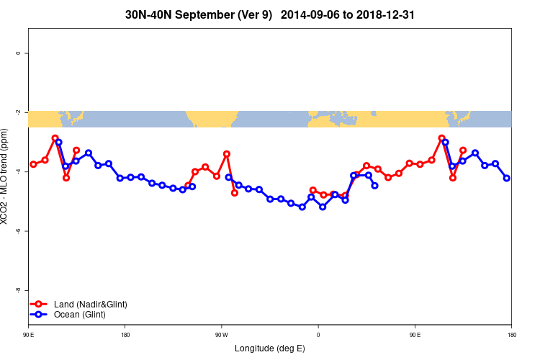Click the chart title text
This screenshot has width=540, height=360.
tap(270, 14)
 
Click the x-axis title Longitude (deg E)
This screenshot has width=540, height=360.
tap(270, 348)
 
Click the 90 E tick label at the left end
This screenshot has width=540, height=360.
tap(29, 335)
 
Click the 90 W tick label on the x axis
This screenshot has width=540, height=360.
tap(221, 335)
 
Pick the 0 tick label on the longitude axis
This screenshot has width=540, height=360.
tap(318, 335)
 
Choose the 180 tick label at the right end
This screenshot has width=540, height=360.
tap(510, 335)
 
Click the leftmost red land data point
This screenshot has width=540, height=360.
tap(33, 164)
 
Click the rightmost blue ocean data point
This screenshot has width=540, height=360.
tap(507, 178)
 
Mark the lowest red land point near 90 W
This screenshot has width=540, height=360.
tap(235, 193)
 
